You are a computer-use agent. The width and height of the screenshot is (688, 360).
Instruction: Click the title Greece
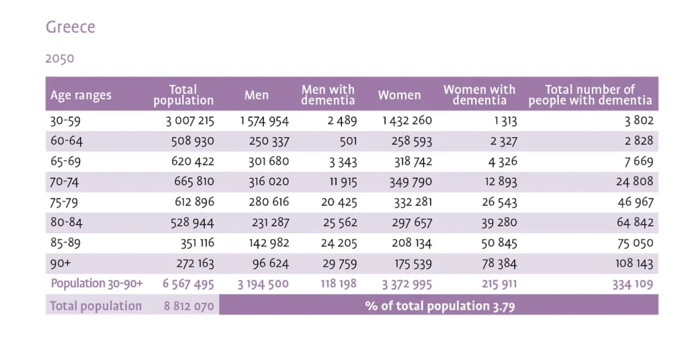pyautogui.click(x=71, y=28)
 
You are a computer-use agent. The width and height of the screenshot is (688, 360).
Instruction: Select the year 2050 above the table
pyautogui.click(x=60, y=58)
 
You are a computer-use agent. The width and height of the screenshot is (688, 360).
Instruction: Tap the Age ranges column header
pyautogui.click(x=81, y=95)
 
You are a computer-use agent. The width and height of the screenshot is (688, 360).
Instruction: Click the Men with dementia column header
pyautogui.click(x=328, y=95)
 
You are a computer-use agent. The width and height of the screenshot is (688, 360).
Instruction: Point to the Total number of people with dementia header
pyautogui.click(x=590, y=95)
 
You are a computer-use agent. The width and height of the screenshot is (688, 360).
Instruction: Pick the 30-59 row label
pyautogui.click(x=65, y=122)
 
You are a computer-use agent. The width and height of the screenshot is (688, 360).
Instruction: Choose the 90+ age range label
pyautogui.click(x=60, y=263)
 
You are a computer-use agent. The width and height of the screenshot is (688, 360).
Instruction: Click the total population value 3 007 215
pyautogui.click(x=189, y=122)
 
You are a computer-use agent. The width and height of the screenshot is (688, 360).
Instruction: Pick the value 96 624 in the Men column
pyautogui.click(x=267, y=263)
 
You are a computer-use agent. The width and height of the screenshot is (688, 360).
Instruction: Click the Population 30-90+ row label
pyautogui.click(x=97, y=283)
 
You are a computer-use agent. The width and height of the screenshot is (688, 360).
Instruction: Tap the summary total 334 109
pyautogui.click(x=632, y=284)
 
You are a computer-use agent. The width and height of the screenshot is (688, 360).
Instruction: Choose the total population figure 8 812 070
pyautogui.click(x=189, y=306)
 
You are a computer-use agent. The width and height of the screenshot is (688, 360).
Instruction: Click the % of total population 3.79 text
pyautogui.click(x=440, y=306)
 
